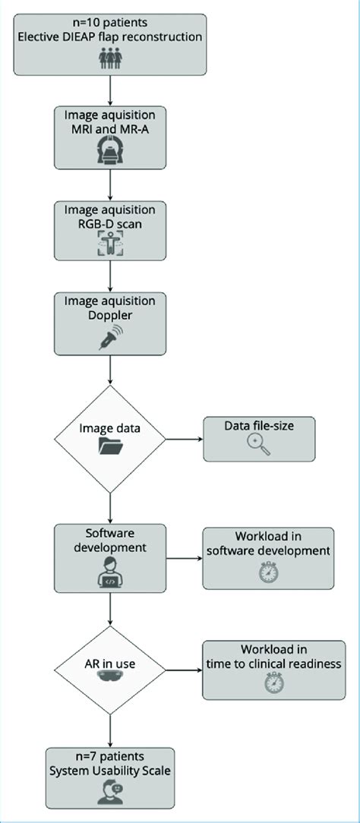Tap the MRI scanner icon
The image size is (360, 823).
coord(111,153)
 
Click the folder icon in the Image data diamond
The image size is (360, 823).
coord(111,448)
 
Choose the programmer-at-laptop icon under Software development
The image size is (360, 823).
coord(111,575)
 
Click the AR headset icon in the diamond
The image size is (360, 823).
coord(111,683)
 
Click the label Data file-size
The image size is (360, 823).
coord(258,426)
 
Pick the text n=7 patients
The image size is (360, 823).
coord(111,757)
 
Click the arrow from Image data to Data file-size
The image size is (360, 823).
coord(184,438)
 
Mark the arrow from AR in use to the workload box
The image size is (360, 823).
coord(184,670)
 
